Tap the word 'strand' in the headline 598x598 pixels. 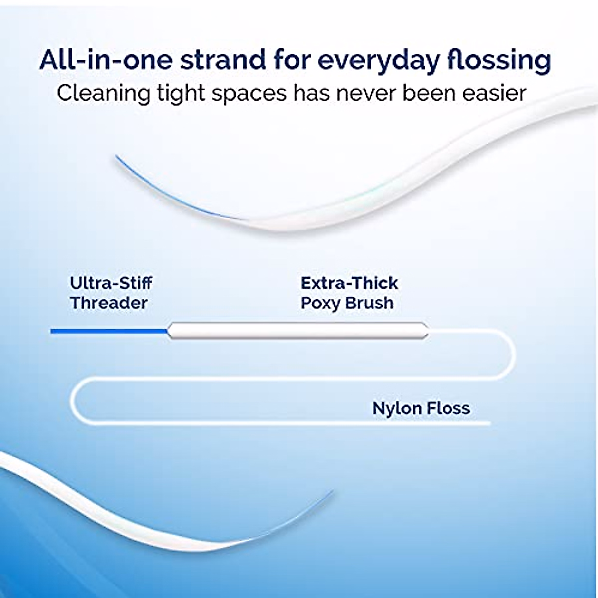[x=223, y=60]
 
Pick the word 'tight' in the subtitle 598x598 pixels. [x=183, y=94]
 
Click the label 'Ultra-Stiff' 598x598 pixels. [x=111, y=283]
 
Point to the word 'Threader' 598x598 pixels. [x=109, y=302]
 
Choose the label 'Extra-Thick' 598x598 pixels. [x=349, y=283]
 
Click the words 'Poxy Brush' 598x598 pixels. [x=347, y=303]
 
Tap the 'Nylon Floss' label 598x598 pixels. [x=421, y=408]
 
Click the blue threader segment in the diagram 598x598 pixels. [x=109, y=331]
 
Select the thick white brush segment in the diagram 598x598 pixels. [x=298, y=331]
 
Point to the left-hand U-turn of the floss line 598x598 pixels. [x=73, y=401]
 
